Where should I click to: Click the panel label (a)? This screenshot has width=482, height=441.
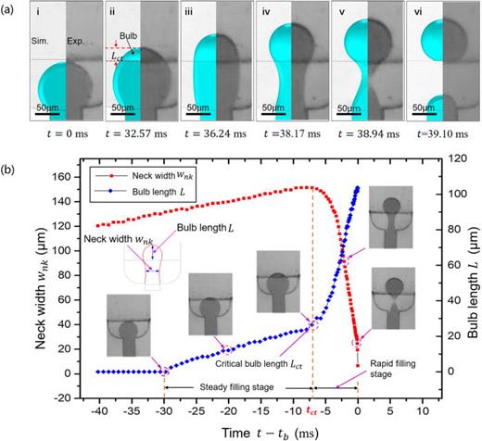click(12, 7)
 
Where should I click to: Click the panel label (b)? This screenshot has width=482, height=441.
click(12, 165)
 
